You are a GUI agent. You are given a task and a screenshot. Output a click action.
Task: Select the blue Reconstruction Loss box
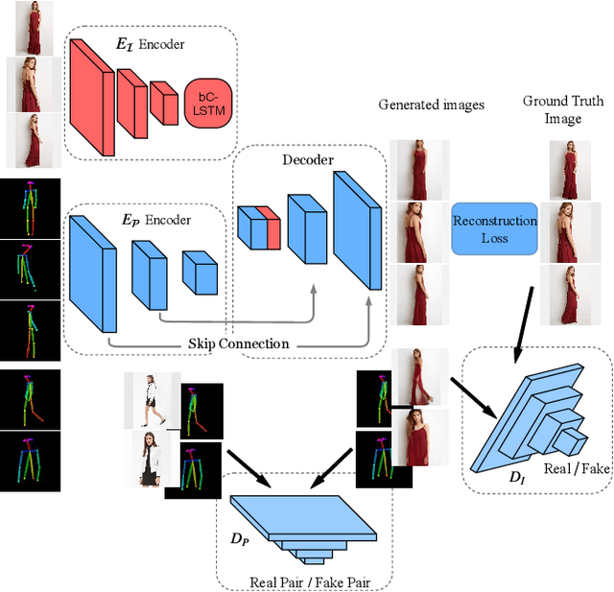[495, 228]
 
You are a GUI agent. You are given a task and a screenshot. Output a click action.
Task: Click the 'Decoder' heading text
[307, 159]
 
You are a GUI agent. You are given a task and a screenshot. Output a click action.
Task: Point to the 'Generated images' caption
[432, 104]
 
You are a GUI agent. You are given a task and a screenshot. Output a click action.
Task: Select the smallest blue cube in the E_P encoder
[201, 272]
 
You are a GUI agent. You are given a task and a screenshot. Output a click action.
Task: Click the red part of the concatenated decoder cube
[272, 227]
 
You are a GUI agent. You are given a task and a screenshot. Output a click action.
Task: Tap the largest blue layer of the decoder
[356, 229]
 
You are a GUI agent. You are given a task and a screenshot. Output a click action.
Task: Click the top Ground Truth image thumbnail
[568, 169]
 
